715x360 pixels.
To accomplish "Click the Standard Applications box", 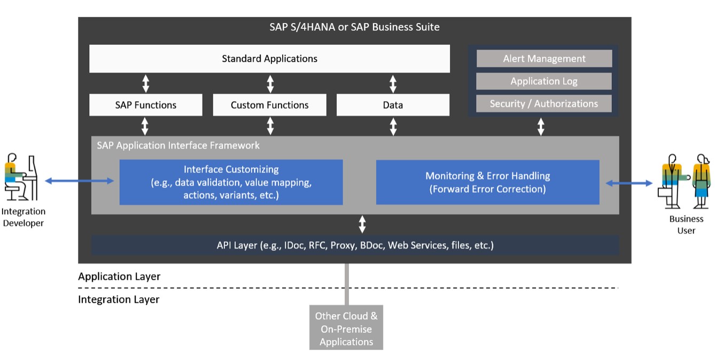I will click(269, 59).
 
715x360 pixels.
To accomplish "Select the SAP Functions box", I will click(145, 105).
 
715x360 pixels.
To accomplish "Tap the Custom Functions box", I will click(269, 105).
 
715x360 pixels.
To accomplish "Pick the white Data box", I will click(393, 105).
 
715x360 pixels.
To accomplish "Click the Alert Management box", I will click(544, 59).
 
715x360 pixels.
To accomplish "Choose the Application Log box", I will click(544, 81).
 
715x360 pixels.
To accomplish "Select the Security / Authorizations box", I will click(544, 104).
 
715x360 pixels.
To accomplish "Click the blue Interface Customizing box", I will click(231, 182).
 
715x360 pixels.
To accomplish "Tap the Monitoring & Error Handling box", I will click(487, 182).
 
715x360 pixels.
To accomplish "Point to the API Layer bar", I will click(355, 246).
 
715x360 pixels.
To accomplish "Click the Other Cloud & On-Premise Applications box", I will click(346, 328).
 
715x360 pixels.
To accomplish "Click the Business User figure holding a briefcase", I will click(670, 182).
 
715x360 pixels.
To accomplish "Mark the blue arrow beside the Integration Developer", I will click(80, 182).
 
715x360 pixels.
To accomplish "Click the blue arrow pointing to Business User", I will click(629, 183).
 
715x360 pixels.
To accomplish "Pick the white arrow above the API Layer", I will click(362, 224).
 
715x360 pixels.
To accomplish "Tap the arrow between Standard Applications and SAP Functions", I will click(145, 83).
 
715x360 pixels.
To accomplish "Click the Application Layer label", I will click(119, 277).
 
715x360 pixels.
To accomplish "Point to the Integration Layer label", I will click(119, 300).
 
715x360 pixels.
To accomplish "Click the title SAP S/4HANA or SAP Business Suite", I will click(354, 27).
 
